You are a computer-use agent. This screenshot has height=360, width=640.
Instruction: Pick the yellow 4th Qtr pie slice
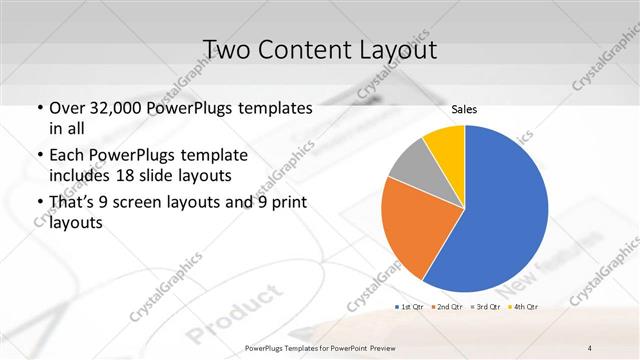click(445, 145)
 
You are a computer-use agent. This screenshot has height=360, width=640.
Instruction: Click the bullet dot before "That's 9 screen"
click(38, 205)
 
